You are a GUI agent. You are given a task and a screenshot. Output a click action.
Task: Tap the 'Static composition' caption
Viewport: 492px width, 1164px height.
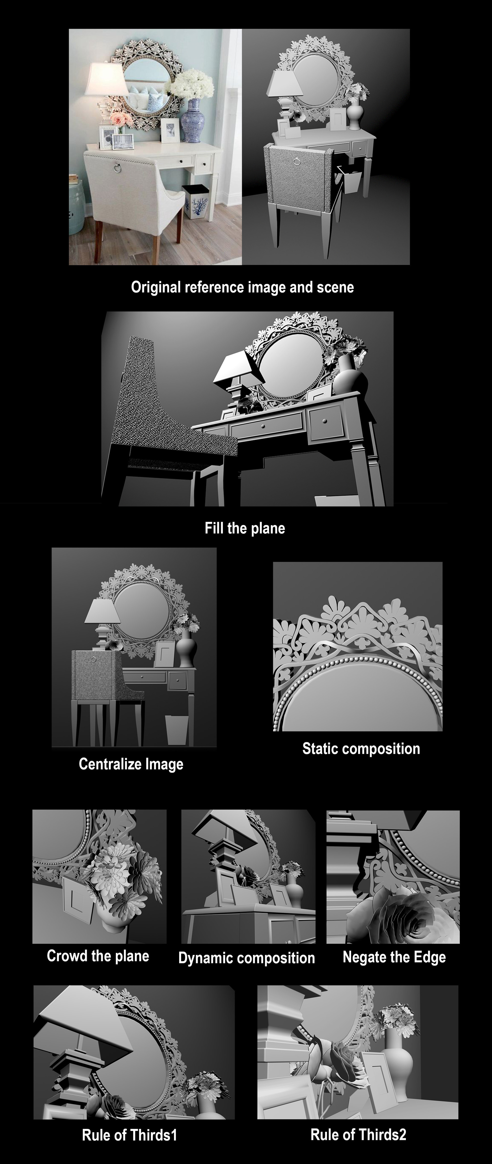tap(361, 749)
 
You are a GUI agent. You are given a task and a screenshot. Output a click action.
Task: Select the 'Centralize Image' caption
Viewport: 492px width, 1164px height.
tap(131, 764)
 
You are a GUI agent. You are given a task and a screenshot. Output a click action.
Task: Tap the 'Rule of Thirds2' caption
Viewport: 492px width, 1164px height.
tap(358, 1134)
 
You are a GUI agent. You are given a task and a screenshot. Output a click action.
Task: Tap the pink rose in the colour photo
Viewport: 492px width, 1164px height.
tap(119, 119)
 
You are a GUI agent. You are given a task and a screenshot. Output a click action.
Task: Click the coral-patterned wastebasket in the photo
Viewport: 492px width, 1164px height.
tap(196, 202)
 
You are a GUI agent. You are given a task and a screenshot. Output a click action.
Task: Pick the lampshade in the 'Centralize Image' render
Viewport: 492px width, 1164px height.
tap(102, 611)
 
